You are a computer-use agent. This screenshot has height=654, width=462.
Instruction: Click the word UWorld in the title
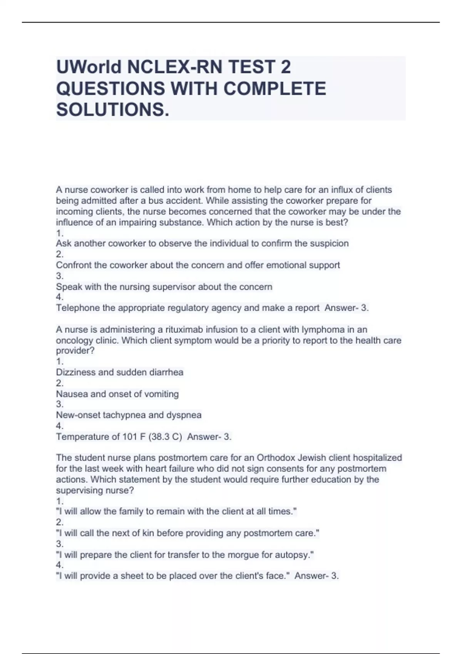coord(89,67)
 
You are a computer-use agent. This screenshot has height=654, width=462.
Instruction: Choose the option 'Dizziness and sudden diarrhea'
coord(119,372)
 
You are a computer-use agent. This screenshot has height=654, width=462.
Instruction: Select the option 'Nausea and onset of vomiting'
coord(117,394)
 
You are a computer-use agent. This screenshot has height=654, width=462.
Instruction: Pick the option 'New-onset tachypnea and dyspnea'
coord(129,415)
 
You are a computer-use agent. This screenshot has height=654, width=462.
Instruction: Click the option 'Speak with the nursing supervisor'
coord(164,287)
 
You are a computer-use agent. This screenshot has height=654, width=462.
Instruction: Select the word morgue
coord(246,555)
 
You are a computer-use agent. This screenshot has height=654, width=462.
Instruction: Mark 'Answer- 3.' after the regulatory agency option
coord(346,308)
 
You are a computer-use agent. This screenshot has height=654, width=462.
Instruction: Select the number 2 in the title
coord(285,67)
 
